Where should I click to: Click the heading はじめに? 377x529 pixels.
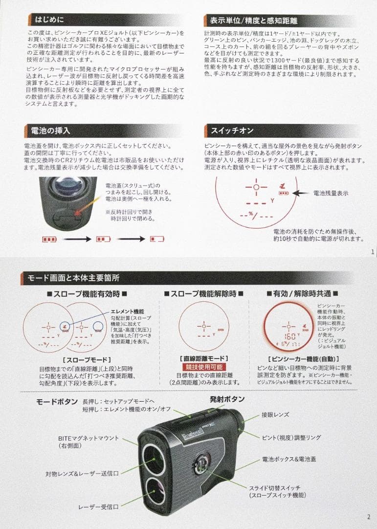[46, 21]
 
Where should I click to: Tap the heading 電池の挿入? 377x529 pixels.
[51, 131]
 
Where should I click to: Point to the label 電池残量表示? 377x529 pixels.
[331, 193]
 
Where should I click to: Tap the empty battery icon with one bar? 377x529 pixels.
[157, 239]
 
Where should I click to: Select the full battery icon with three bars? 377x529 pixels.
[49, 239]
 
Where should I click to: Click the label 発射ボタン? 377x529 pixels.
[227, 399]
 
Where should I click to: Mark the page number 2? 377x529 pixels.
[368, 516]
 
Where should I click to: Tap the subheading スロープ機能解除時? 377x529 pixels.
[203, 294]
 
